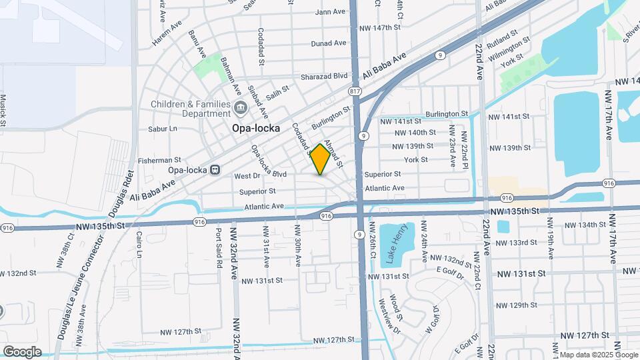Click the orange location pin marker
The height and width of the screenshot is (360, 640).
(320, 159)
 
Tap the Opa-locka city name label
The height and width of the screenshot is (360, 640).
(255, 127)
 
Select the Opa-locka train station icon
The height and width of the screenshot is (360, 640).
(215, 169)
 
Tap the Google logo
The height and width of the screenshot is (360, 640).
(22, 351)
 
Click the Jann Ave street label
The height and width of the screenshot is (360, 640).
(330, 11)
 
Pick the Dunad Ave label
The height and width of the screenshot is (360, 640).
(329, 43)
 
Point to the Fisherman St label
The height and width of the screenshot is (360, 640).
(159, 160)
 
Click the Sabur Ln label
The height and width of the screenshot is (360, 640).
(163, 128)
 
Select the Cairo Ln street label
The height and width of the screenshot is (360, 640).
(139, 245)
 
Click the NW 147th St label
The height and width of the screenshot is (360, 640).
(379, 27)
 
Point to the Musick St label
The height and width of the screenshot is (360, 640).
(3, 110)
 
